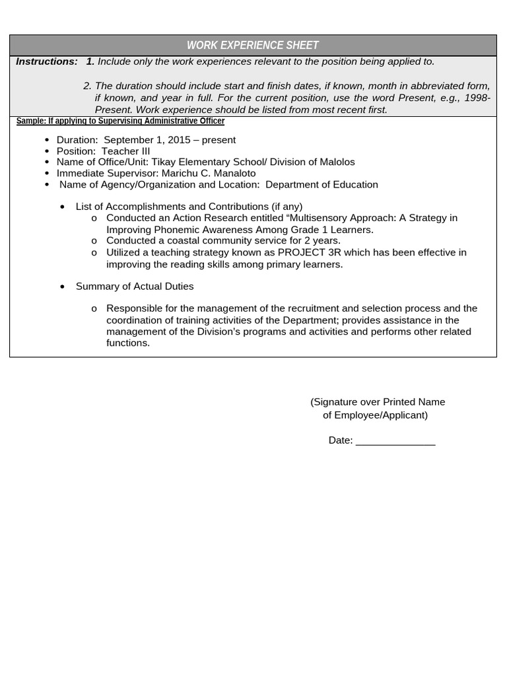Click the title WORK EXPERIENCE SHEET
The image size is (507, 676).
253,46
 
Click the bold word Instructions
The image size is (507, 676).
46,61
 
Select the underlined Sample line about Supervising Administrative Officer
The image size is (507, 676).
120,121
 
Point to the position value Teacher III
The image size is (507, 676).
126,151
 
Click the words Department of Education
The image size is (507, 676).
321,185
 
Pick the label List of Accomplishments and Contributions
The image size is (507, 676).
189,207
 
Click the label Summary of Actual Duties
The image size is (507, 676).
135,287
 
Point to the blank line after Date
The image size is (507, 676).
395,441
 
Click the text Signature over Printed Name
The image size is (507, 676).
378,402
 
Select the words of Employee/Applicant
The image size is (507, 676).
375,415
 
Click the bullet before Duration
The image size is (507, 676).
47,140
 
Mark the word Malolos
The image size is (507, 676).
336,162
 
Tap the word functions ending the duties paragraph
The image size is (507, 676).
127,343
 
